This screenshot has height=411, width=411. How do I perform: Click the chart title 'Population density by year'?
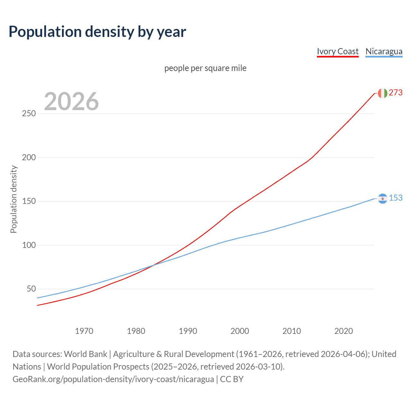(x=97, y=32)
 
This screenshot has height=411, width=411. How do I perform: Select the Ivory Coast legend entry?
(x=337, y=51)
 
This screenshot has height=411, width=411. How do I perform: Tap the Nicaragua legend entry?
(x=384, y=51)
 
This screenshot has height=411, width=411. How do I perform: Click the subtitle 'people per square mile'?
(x=205, y=68)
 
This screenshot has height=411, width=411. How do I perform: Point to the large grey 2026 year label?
(x=71, y=101)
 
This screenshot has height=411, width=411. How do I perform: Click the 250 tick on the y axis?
(x=29, y=114)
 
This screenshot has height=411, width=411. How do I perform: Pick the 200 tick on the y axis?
(x=29, y=157)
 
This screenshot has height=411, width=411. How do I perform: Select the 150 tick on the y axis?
(x=29, y=201)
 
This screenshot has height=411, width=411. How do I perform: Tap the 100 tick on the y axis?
(x=29, y=245)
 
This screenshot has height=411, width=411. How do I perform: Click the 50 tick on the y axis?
(x=31, y=289)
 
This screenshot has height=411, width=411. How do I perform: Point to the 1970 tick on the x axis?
(x=84, y=331)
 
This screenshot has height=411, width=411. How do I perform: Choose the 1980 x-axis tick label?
(x=136, y=331)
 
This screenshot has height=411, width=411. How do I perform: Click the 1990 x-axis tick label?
(x=188, y=331)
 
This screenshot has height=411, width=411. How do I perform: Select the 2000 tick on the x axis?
(x=240, y=331)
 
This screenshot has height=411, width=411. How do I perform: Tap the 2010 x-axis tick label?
(x=292, y=331)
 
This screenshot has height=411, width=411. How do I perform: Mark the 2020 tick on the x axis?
(x=344, y=331)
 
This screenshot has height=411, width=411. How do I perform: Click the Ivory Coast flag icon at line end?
(x=382, y=93)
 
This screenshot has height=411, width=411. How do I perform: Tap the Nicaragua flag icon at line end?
(x=382, y=199)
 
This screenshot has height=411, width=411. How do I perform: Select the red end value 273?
(x=396, y=93)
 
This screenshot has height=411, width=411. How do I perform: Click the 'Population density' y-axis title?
(x=13, y=199)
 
